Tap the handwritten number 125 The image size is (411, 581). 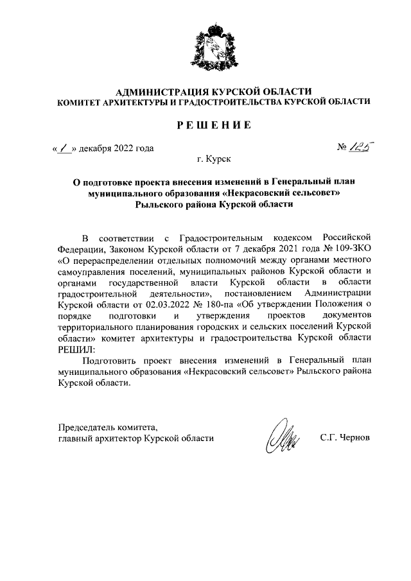tap(362, 148)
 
